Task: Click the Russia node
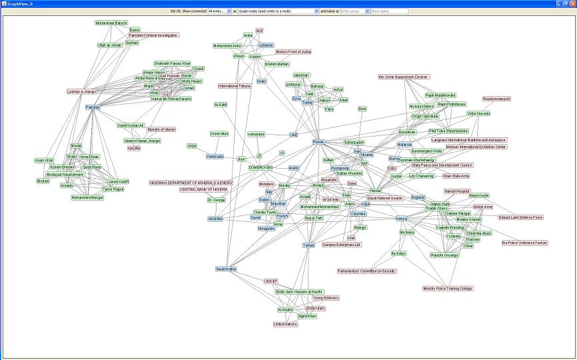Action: pos(318,142)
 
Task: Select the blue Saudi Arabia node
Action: pos(227,269)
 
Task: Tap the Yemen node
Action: pos(308,245)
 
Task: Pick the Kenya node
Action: pos(402,219)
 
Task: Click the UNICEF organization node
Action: pos(271,281)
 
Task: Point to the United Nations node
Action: pos(286,324)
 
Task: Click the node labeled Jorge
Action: pos(192,145)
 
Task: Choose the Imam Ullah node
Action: pos(44,160)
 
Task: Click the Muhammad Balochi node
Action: pos(111,23)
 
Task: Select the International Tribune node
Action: pos(235,86)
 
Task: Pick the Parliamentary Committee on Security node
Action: pos(366,271)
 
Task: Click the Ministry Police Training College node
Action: pos(447,289)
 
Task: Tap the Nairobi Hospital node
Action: pos(457,191)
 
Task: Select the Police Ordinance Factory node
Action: pos(524,243)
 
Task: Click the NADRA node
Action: pos(134,148)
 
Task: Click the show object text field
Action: pos(388,11)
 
